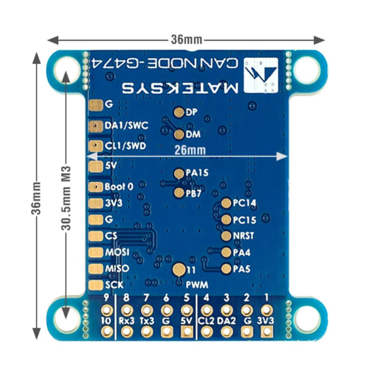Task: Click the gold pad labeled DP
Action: tap(179, 112)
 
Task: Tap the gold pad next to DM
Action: tap(179, 134)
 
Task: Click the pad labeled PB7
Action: tap(179, 193)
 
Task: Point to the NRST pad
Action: tap(226, 235)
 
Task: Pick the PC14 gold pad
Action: tap(226, 203)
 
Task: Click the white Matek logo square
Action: tap(262, 75)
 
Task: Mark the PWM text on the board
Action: tap(197, 285)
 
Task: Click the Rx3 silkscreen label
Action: tap(127, 320)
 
